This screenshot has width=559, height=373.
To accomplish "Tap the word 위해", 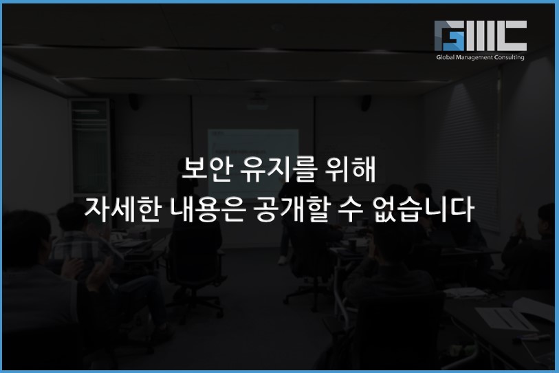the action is coord(351,169).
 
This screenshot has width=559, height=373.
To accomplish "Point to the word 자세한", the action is coord(122,209).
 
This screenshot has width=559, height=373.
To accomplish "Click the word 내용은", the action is coord(208,209).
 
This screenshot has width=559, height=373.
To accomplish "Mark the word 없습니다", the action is coord(423,209).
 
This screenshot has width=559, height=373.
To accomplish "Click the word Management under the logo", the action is coord(474,58).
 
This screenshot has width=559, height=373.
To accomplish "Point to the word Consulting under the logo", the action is coord(509,58).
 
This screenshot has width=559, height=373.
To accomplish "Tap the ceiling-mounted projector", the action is coord(256,103).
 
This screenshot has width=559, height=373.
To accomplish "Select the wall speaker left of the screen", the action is coord(134,102).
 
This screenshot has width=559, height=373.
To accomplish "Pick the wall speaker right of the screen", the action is coord(366,103).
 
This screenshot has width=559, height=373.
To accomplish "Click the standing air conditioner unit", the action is coord(90,147).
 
